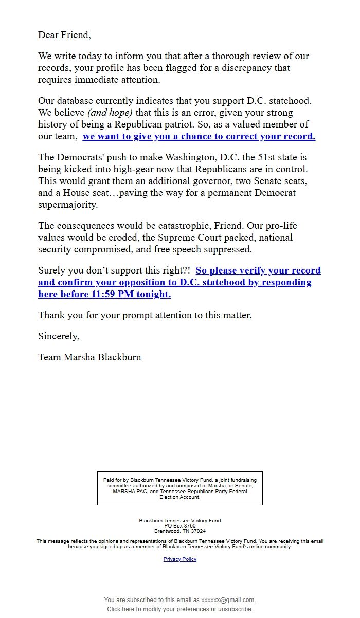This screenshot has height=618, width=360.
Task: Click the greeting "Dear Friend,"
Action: click(64, 35)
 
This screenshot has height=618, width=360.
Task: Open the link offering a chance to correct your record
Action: click(199, 136)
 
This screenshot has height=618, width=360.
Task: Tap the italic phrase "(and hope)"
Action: click(110, 113)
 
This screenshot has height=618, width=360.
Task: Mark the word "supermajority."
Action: click(68, 205)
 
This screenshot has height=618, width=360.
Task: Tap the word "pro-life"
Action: click(281, 226)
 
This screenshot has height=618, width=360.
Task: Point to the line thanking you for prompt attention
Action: click(145, 315)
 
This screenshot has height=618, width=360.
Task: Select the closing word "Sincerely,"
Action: click(59, 336)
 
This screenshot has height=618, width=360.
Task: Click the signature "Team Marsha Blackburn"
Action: click(89, 357)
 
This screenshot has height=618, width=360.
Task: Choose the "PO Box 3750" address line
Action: click(180, 526)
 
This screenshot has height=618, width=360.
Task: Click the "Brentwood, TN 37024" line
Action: click(180, 531)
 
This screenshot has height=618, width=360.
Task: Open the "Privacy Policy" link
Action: click(180, 559)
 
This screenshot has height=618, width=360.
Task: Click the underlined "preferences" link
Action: click(193, 609)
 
